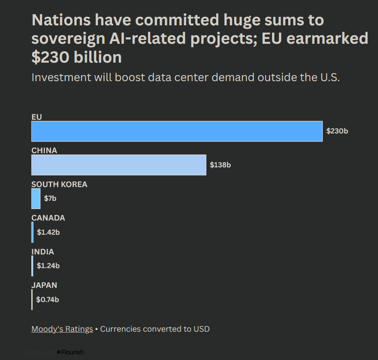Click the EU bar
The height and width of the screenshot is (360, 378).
177,131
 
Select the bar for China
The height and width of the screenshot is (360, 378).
118,165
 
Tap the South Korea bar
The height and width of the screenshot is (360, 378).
36,199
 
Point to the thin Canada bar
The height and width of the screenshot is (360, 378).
32,232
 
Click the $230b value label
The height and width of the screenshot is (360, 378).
337,131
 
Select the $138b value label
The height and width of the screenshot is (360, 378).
220,165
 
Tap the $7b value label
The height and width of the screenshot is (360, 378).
50,199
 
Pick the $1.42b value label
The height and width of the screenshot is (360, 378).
48,233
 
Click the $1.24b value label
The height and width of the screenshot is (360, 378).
48,266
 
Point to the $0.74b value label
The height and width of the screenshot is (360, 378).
48,299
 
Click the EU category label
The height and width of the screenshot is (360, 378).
36,117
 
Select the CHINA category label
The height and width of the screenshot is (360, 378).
44,151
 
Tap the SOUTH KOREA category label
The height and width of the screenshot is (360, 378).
59,185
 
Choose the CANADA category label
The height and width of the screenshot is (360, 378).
48,218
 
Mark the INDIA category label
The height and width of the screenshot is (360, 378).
42,252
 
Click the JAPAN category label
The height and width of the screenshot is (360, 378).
44,285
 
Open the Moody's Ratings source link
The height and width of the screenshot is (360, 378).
62,329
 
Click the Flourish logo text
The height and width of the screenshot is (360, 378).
72,352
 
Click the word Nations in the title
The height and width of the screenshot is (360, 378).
61,20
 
